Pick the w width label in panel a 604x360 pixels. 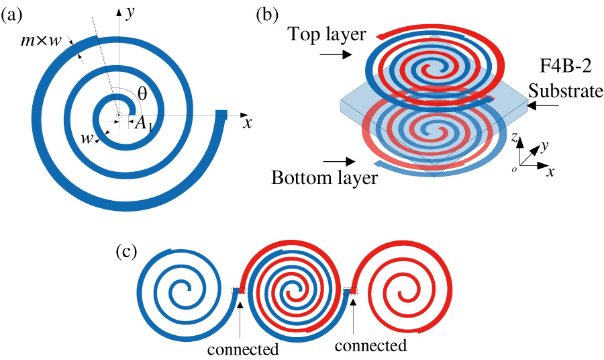(x=86, y=138)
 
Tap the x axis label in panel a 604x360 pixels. (x=247, y=123)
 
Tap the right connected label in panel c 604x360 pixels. (x=370, y=345)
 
